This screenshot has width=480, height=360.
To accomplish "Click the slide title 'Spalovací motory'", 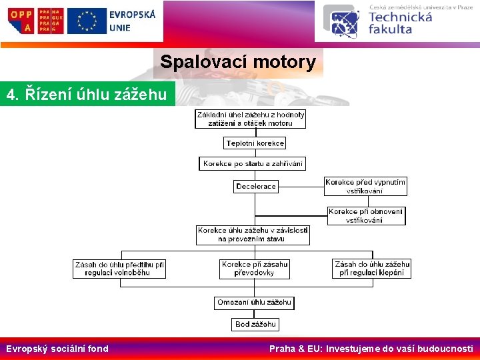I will (238, 63).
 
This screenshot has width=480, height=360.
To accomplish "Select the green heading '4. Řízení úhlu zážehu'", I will (87, 95).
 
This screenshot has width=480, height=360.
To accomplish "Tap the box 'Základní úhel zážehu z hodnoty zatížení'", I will (251, 119).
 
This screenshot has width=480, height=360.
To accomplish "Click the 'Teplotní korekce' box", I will (255, 143).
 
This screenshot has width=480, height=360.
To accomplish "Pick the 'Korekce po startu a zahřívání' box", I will (253, 163).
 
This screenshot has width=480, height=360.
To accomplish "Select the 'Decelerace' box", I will (256, 186).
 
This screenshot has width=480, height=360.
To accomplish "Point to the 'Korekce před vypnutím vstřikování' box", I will (365, 186).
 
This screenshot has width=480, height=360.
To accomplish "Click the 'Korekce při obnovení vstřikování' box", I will (366, 215).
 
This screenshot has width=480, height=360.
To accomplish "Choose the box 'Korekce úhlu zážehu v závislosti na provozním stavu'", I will (253, 235).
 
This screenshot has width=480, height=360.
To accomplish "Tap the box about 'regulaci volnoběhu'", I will (119, 269).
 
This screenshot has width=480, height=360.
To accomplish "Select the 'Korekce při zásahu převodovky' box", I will (254, 269).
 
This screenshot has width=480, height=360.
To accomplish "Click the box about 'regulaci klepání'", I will (372, 269).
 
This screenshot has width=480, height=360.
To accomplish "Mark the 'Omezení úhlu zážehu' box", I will (255, 303).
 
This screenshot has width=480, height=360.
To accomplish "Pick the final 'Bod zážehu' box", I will (255, 325).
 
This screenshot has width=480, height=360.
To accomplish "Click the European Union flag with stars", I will (87, 20).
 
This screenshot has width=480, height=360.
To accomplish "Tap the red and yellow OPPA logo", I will (20, 20).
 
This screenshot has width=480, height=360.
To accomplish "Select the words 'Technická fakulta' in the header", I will (400, 23).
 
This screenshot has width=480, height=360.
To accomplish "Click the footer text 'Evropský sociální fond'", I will (57, 348).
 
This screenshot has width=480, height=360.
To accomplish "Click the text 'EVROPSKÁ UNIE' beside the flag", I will (132, 20).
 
